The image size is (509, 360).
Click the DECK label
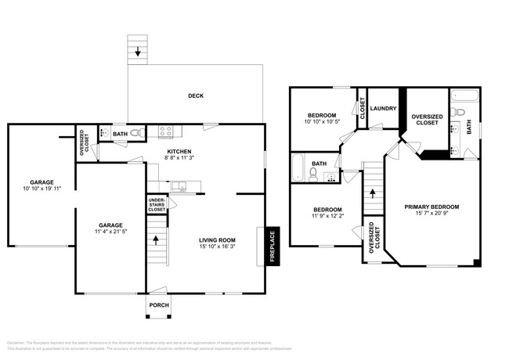[x=196, y=96]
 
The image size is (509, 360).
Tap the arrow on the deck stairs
[x=138, y=52]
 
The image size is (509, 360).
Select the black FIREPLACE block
[x=273, y=244]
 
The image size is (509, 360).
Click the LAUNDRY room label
[x=383, y=109]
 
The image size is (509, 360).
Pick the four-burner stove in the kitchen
[x=165, y=132]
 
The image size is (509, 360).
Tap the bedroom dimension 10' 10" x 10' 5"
[x=321, y=122]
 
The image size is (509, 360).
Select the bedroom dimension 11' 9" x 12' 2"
[x=327, y=216]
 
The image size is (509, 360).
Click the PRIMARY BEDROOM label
[x=431, y=207]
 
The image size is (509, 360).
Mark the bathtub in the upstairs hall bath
[x=298, y=167]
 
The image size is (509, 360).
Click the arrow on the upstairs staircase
[x=373, y=191]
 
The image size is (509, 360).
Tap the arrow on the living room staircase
[x=157, y=239]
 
